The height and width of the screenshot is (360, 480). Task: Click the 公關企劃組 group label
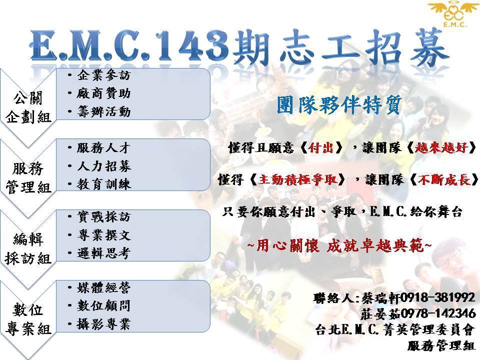28,107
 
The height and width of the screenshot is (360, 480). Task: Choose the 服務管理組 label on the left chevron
28,178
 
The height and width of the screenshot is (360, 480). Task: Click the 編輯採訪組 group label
28,249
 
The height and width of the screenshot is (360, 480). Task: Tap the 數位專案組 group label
28,319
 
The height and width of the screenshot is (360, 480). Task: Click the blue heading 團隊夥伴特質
339,104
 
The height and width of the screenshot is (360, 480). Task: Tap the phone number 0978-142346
438,313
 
